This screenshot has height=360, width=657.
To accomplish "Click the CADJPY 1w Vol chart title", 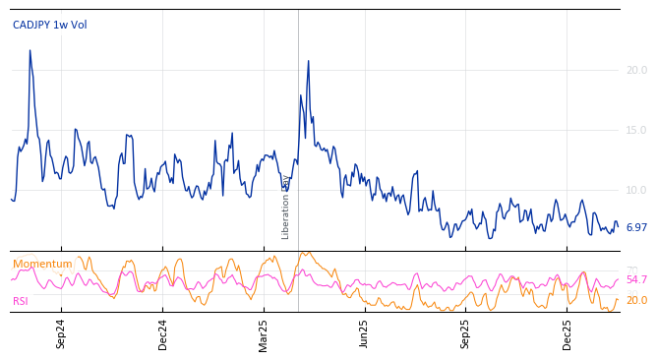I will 49,26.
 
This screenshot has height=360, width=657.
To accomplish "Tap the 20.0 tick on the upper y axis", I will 636,70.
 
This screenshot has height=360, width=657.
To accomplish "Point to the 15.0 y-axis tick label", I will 636,130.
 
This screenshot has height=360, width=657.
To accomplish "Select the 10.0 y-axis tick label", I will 636,190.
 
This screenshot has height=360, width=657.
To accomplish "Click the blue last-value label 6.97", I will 636,227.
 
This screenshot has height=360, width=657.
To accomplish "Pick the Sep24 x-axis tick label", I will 61,333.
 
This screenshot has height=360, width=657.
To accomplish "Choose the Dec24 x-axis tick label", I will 163,333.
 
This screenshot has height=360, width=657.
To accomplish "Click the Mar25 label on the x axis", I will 264,333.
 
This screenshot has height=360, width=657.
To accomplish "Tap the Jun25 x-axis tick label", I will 365,333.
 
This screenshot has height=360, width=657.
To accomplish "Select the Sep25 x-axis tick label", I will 466,333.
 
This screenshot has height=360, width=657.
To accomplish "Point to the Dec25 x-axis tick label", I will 567,333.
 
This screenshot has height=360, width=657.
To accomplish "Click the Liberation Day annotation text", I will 286,207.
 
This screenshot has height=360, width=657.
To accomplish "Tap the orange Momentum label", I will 42,265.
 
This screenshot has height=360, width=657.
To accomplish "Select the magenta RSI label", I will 22,301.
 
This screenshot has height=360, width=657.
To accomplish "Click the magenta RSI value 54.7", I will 636,280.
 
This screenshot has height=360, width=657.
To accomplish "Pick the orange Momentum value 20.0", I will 636,301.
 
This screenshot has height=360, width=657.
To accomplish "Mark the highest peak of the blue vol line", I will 30,50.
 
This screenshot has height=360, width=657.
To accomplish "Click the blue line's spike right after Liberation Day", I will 308,61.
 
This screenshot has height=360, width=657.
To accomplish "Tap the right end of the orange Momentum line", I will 618,300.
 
